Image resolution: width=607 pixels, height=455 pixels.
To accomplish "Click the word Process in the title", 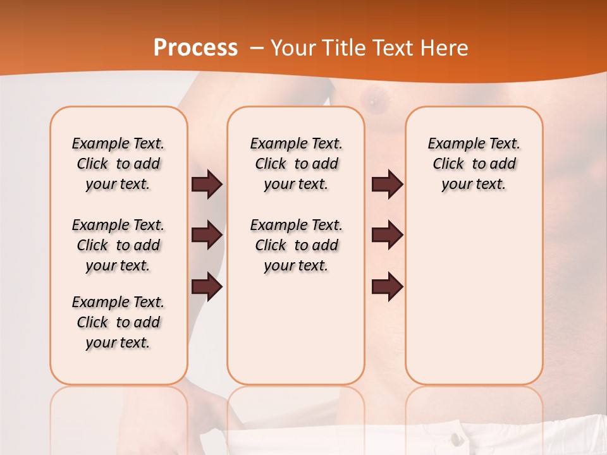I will pos(195,48).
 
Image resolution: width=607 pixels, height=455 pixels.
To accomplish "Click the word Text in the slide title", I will pos(394,48).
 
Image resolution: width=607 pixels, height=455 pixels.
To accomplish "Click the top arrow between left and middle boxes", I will pos(207,185).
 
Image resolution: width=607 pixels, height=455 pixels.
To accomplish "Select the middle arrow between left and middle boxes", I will pos(207,236).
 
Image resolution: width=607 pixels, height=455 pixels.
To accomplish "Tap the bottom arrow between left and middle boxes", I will pos(207,287).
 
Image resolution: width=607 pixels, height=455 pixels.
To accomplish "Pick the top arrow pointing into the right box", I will pos(387,185).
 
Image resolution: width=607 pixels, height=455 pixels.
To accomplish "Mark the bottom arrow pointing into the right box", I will pos(387,287).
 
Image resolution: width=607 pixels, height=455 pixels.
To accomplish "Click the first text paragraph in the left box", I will pos(118,164).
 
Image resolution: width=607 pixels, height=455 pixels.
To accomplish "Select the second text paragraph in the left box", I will pos(118,245).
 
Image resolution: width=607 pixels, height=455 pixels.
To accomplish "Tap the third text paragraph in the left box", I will pos(118,322).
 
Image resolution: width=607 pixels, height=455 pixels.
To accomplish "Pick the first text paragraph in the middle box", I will pos(296,164).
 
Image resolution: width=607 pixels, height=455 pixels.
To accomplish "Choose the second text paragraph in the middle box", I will pos(296,245).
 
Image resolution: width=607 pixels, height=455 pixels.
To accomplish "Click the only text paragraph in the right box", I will pos(474,164).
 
